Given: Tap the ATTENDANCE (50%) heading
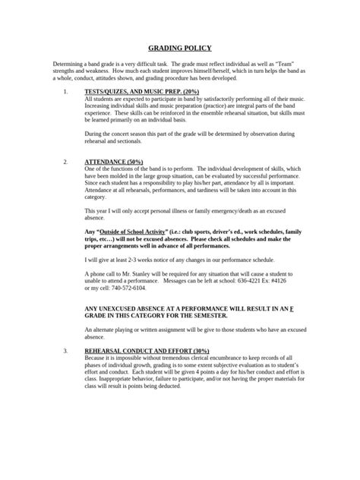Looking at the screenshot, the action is (112, 163).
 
